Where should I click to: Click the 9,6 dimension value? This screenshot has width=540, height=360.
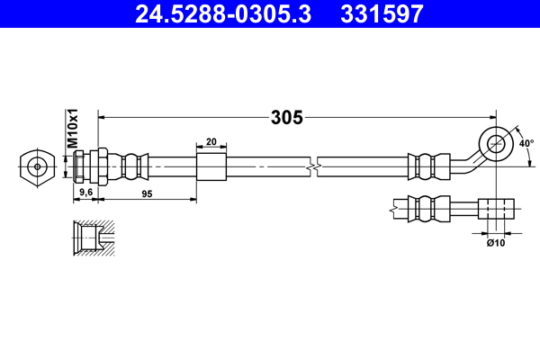coord(85,193)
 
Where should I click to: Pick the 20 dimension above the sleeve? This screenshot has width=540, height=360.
coord(211,141)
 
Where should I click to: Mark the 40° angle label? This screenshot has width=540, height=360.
coord(526,142)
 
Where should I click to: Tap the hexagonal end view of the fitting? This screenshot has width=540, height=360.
coord(35,166)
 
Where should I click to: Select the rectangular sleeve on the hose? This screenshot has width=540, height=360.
coord(211,166)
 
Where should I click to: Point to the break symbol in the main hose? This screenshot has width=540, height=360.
coord(312,167)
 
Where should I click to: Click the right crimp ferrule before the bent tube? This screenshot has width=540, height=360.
coord(428,166)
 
